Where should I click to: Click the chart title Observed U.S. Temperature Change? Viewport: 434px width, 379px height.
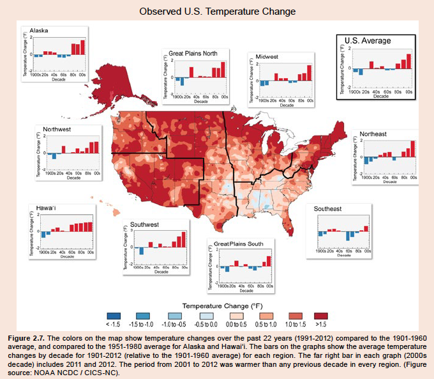click(216, 12)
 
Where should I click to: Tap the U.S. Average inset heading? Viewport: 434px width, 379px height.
click(368, 40)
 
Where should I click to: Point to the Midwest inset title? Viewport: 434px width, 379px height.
click(267, 56)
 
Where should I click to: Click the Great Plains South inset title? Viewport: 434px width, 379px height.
click(239, 244)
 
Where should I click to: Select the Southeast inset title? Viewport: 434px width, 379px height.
click(327, 209)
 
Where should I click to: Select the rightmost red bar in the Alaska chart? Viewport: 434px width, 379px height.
click(82, 47)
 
